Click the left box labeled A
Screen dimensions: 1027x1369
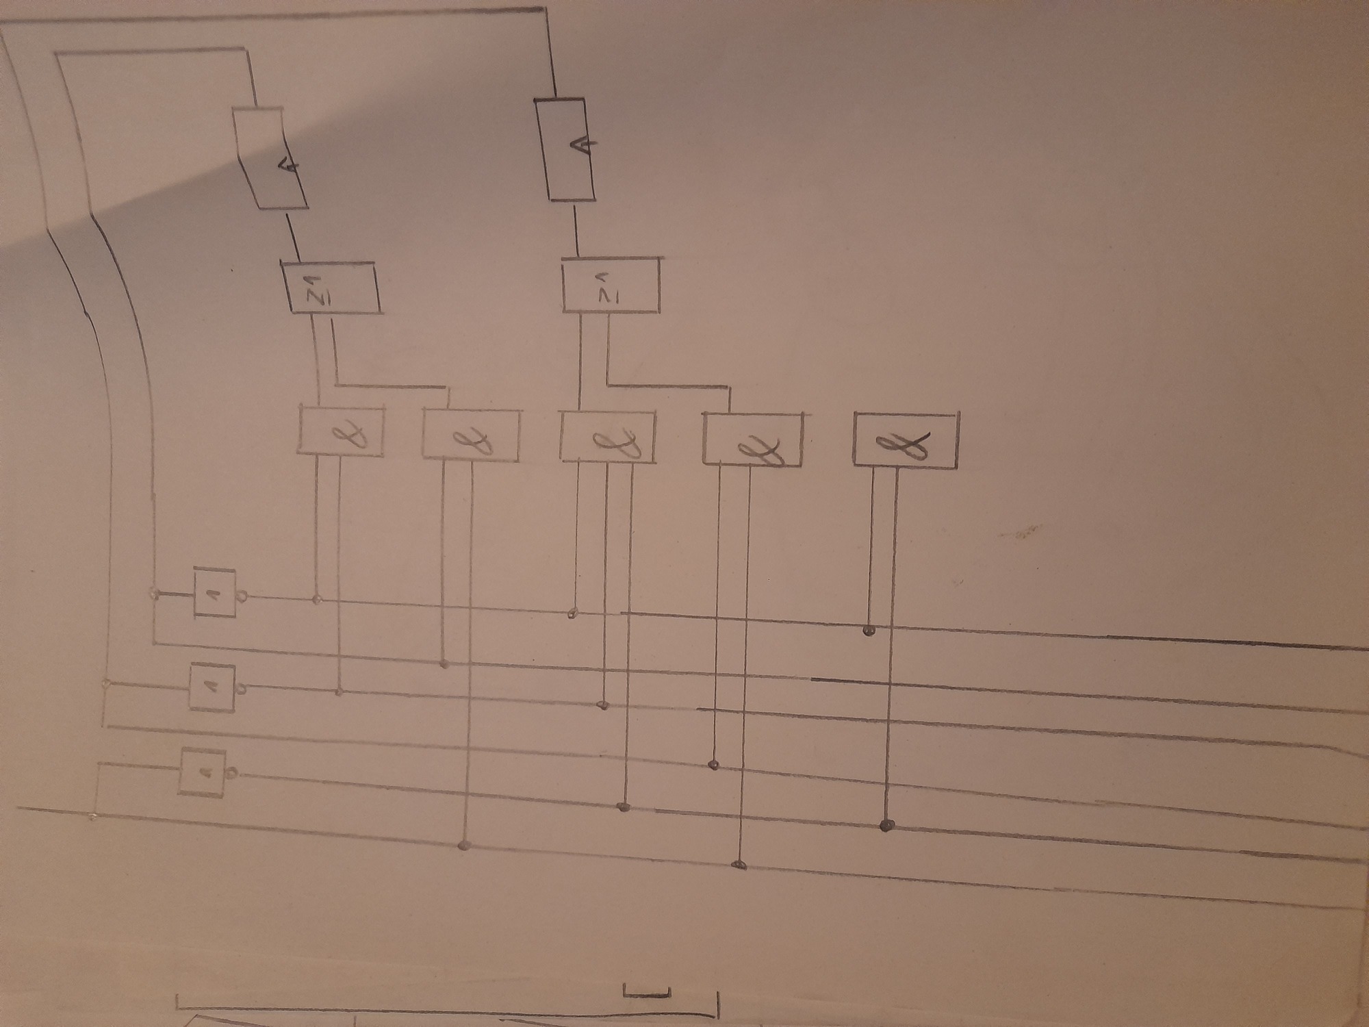tap(271, 157)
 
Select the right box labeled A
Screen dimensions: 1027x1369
tap(565, 149)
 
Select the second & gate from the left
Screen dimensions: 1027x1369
tap(471, 434)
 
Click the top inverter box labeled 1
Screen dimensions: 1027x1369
tap(215, 592)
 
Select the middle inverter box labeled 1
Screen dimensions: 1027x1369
tap(212, 687)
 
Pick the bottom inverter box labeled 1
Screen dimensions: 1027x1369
tap(203, 772)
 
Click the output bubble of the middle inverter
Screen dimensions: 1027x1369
tap(240, 688)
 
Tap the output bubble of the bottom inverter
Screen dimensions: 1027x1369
tap(232, 774)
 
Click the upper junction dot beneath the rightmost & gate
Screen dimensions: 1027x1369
tap(869, 630)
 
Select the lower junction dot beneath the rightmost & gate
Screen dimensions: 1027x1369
tap(886, 825)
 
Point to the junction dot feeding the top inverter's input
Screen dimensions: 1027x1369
tap(155, 593)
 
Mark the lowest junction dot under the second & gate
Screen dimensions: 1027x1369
tap(464, 846)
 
